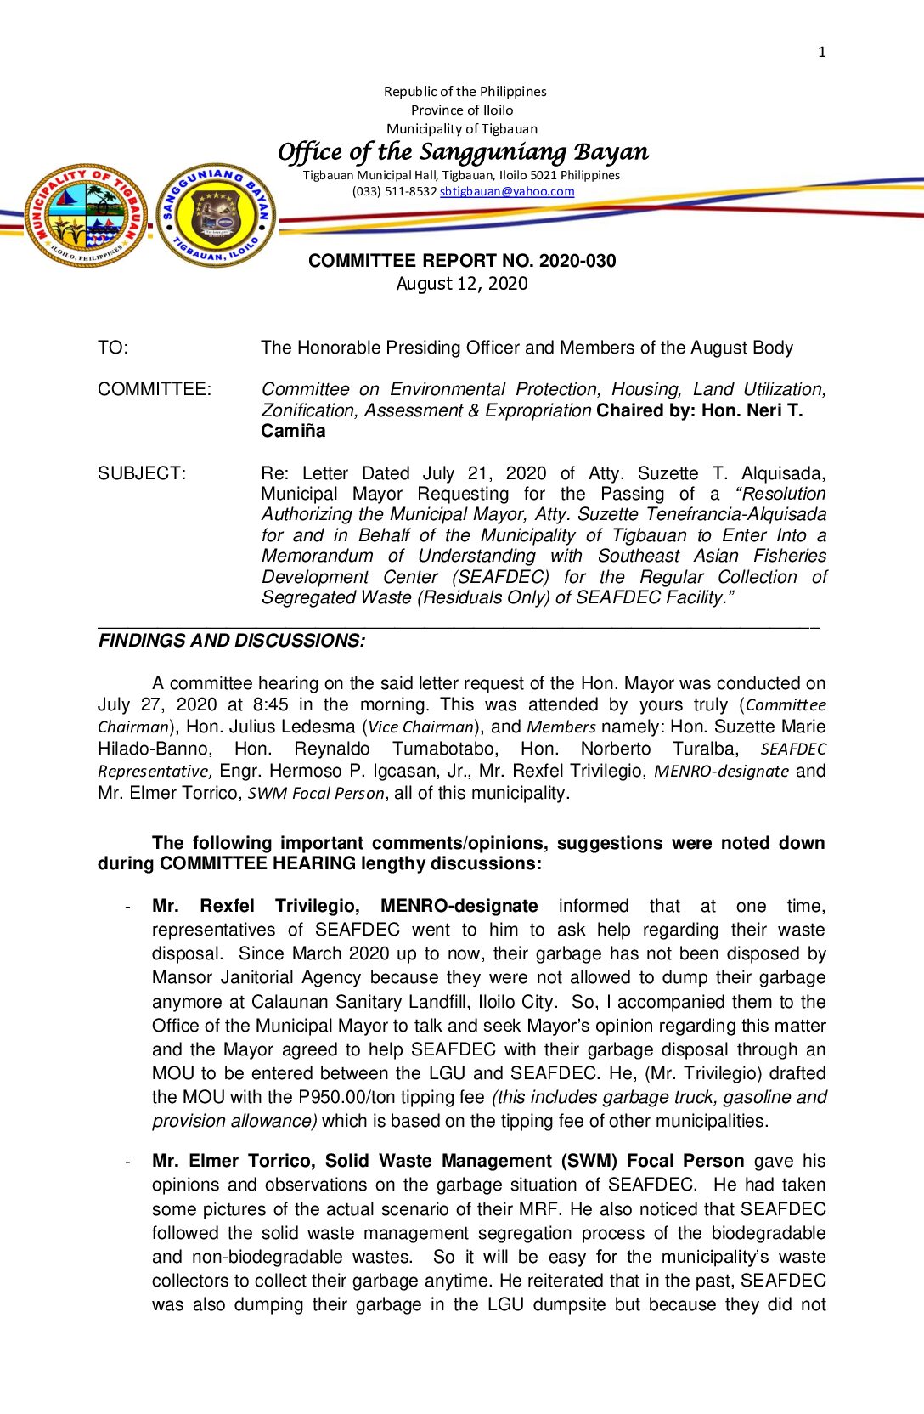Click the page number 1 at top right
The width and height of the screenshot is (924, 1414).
point(821,52)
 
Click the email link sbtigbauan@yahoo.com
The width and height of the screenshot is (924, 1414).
point(507,191)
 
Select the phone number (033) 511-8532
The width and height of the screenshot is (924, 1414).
point(394,191)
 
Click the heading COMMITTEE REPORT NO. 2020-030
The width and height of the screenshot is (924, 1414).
point(462,261)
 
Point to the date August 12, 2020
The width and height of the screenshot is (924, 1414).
point(462,284)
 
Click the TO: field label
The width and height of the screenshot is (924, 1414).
point(113,348)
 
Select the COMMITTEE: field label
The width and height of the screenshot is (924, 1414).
point(155,389)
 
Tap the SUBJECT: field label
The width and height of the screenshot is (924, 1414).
point(142,473)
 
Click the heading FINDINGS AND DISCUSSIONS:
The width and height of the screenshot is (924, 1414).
point(232,641)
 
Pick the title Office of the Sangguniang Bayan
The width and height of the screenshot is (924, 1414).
point(463,152)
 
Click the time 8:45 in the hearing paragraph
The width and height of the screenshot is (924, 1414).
point(270,704)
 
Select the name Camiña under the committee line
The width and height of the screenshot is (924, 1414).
point(293,431)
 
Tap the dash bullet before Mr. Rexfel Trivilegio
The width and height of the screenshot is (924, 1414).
point(128,907)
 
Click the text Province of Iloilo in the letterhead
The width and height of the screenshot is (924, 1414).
point(462,110)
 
